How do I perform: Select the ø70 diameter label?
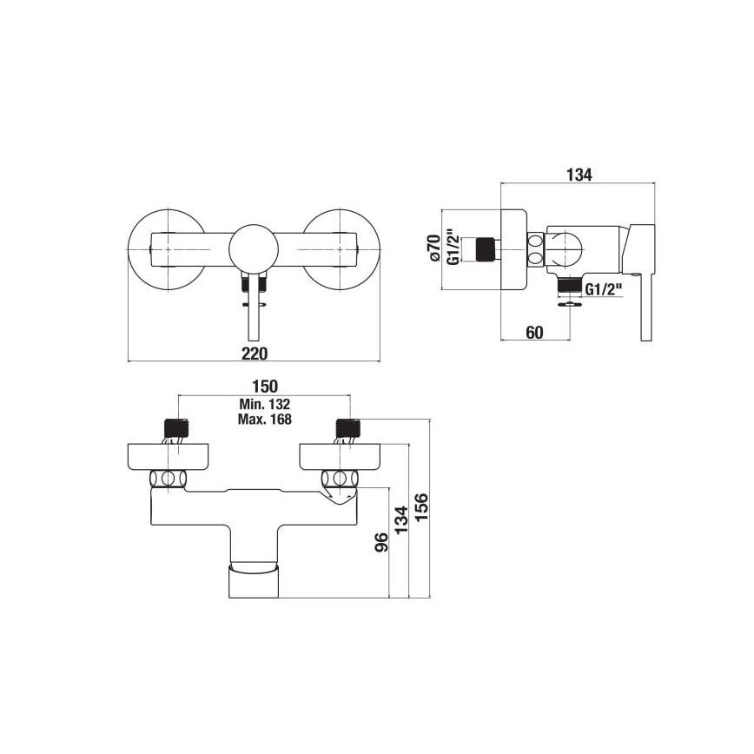click(x=432, y=248)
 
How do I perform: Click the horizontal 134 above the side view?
click(x=578, y=175)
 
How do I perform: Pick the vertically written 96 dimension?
click(x=380, y=543)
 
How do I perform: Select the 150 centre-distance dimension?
click(x=264, y=387)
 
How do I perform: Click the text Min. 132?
click(x=264, y=404)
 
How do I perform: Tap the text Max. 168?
click(x=264, y=419)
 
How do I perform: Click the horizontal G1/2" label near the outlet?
click(x=603, y=289)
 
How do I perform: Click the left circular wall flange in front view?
click(x=167, y=248)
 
